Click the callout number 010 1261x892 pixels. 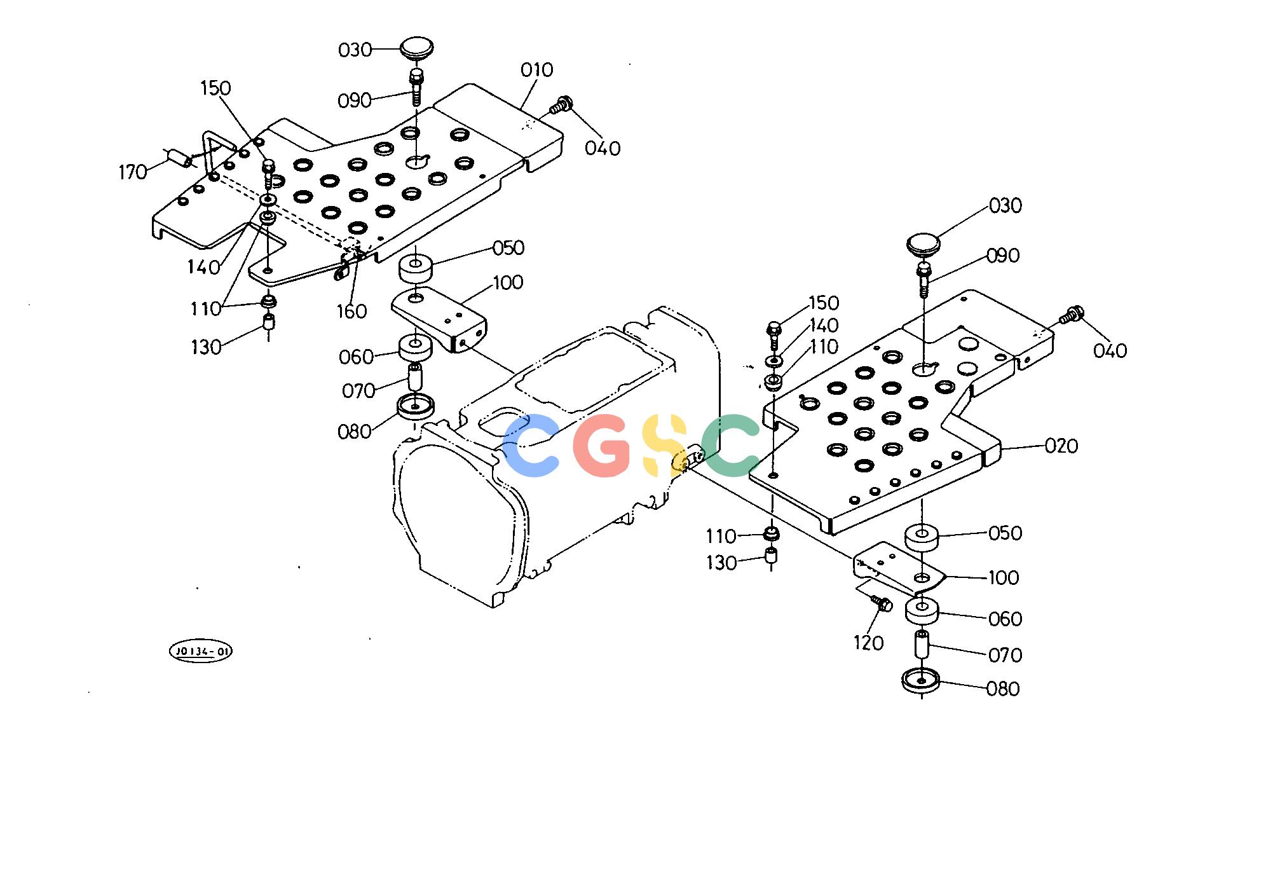(x=537, y=70)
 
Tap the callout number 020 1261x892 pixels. (x=1061, y=446)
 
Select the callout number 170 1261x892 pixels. (x=133, y=172)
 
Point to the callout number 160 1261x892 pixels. (x=352, y=312)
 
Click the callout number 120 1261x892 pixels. (x=868, y=643)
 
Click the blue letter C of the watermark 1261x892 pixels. (x=531, y=446)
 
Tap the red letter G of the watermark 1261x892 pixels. (x=601, y=446)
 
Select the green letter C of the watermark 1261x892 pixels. (x=730, y=446)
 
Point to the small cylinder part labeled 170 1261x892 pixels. (x=179, y=158)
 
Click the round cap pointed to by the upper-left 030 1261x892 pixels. (x=416, y=50)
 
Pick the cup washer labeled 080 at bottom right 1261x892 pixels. (x=921, y=680)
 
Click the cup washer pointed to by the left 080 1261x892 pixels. (x=415, y=406)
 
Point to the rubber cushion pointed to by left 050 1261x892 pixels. (x=416, y=268)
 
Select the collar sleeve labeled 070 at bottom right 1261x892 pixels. (x=922, y=645)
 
